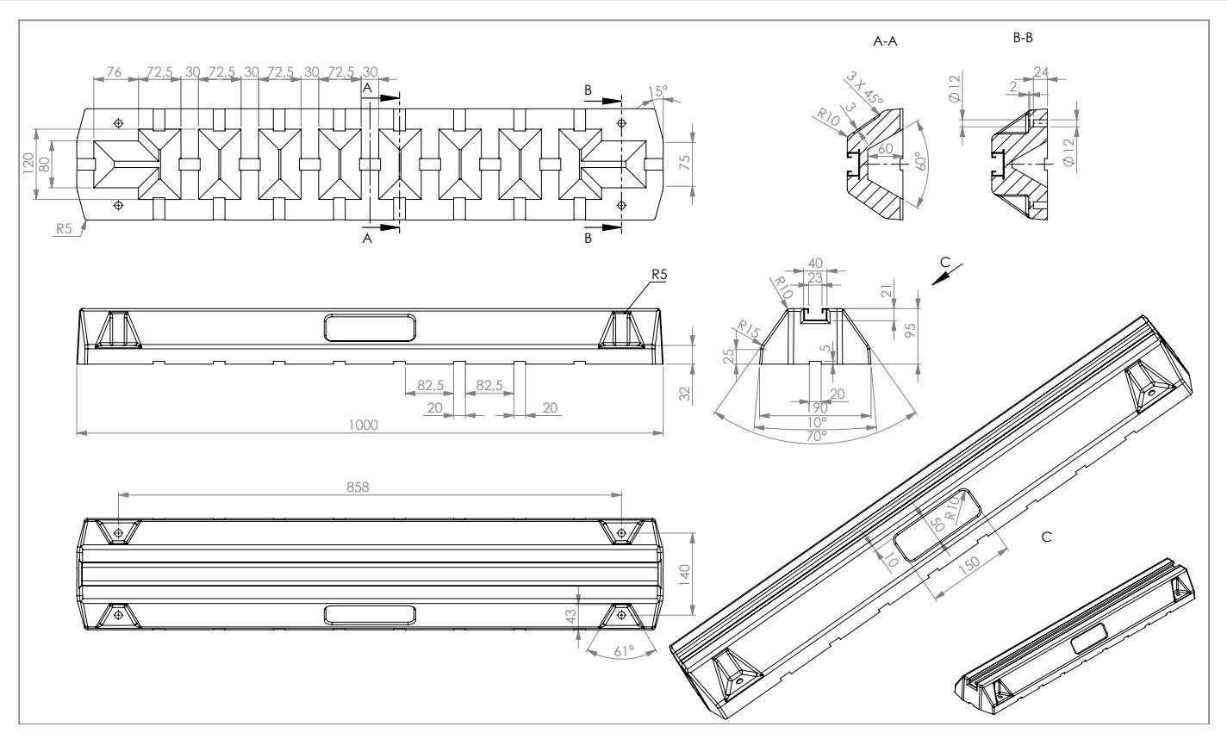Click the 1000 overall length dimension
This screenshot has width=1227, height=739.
[x=363, y=425]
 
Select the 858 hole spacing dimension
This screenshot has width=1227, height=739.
[x=358, y=487]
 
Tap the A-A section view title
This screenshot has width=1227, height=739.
[x=885, y=40]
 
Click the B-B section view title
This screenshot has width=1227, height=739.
[x=1022, y=38]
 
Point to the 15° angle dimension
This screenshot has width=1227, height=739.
[x=658, y=91]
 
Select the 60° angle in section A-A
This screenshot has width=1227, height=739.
[x=919, y=161]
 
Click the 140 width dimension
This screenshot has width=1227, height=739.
[x=686, y=574]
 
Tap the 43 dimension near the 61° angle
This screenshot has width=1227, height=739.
[x=570, y=617]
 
